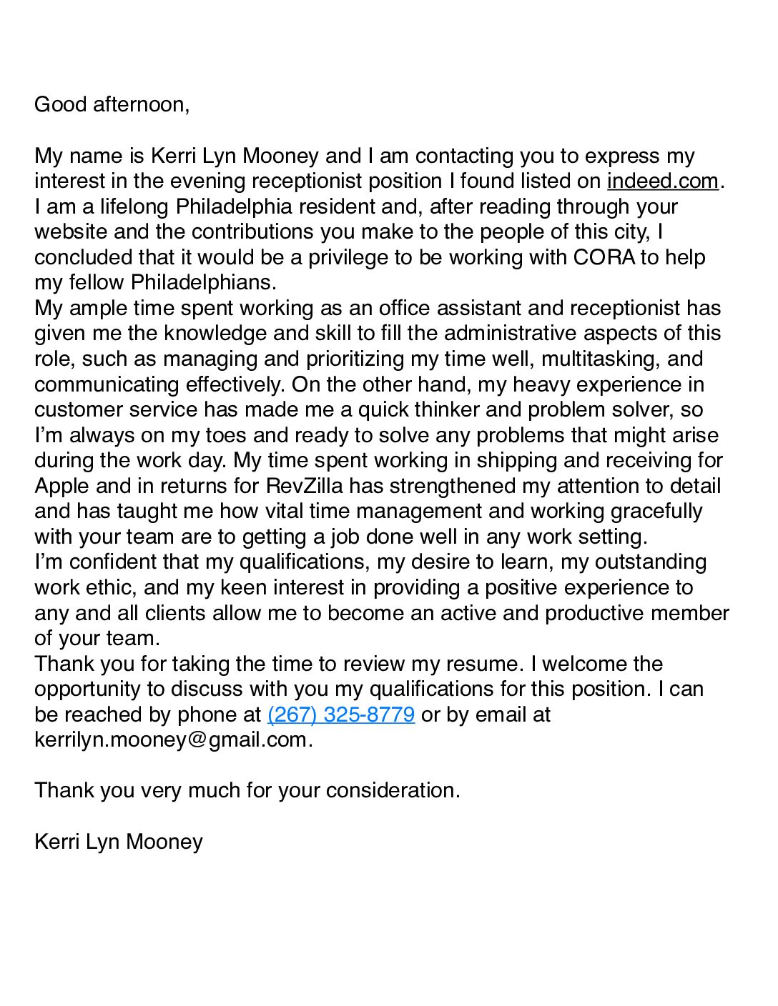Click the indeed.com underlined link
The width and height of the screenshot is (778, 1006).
662,181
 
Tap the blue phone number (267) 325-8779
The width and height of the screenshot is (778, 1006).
341,714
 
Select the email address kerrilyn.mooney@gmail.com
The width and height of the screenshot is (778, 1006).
171,739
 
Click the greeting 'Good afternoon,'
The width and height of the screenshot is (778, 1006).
112,104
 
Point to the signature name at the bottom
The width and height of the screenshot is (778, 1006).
119,842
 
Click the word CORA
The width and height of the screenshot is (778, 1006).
603,257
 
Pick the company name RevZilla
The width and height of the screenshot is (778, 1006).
305,486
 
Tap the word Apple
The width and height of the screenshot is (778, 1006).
62,486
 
